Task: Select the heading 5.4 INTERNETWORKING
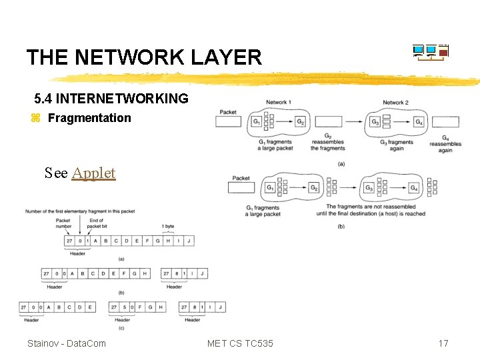coord(111,99)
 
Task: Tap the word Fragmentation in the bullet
coord(89,118)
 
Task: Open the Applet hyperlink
coord(93,173)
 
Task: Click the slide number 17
coord(443,343)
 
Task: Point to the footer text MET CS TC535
coord(240,343)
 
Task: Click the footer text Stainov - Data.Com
coord(66,343)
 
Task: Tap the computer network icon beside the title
coord(430,53)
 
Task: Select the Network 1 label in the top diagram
coord(278,102)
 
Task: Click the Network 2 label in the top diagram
coord(395,102)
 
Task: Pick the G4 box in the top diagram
coord(418,121)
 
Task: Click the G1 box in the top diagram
coord(257,121)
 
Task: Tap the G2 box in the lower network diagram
coord(313,188)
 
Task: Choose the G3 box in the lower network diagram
coord(369,188)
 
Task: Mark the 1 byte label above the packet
coord(168,227)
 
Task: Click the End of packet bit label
coord(96,223)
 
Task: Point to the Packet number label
coord(63,223)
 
